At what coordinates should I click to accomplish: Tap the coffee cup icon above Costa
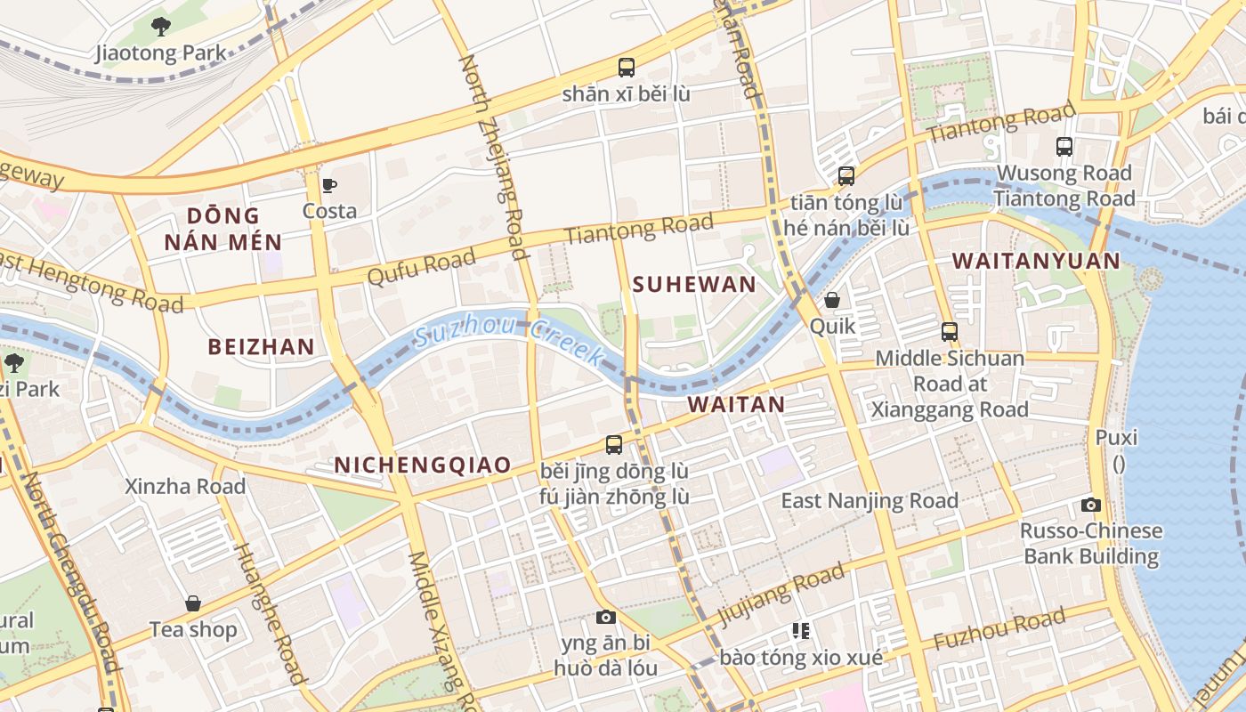tap(329, 185)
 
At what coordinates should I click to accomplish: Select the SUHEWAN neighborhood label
tap(693, 285)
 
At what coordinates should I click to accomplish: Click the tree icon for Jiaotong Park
tap(160, 26)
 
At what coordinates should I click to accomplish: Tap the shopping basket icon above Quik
tap(832, 300)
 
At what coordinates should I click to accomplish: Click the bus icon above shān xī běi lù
tap(627, 67)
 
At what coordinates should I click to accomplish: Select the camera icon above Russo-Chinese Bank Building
tap(1091, 505)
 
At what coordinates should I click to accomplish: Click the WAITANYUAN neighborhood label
tap(1036, 261)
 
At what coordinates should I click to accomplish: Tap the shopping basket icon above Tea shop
tap(193, 603)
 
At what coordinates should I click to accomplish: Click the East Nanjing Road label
tap(870, 500)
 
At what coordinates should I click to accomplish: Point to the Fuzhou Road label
tap(999, 629)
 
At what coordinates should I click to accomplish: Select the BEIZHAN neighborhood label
tap(261, 347)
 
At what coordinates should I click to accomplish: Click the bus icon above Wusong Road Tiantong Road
tap(1064, 146)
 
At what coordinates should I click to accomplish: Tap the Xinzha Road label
tap(185, 486)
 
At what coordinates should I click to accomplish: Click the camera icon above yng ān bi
tap(605, 617)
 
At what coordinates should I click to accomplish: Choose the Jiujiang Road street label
tap(781, 592)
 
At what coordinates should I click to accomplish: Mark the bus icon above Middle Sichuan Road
tap(950, 332)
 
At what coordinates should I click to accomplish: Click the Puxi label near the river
tap(1117, 439)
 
